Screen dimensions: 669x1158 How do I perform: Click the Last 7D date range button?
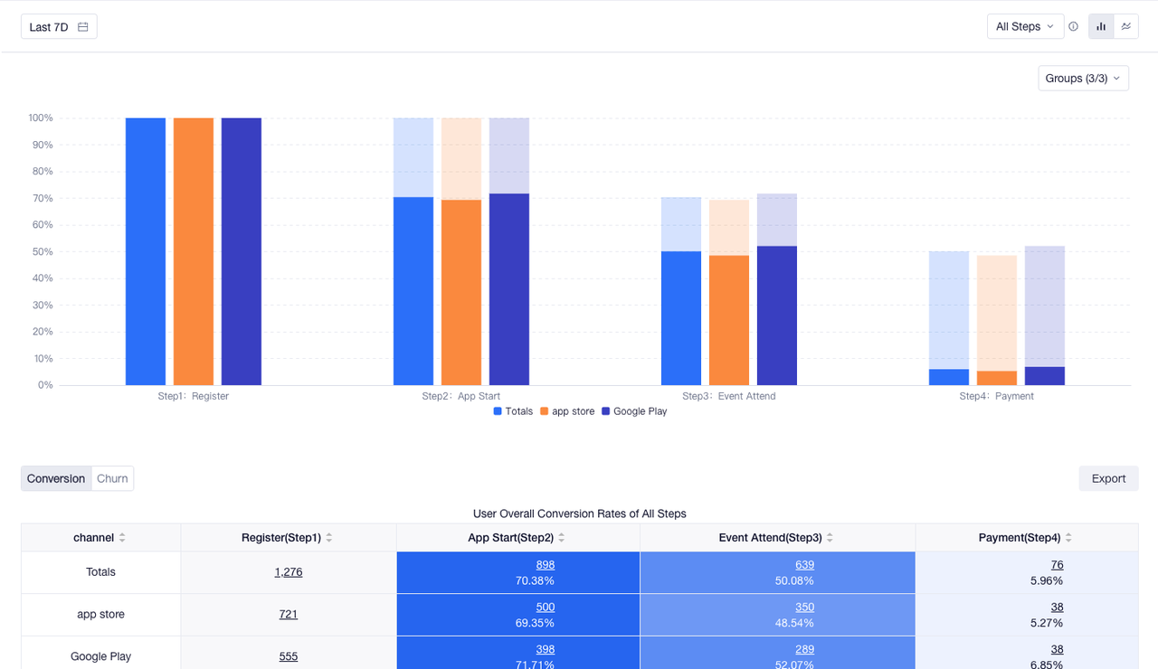click(x=59, y=27)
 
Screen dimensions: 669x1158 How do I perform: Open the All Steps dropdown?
click(x=1025, y=27)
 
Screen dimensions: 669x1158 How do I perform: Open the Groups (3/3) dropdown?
click(x=1083, y=79)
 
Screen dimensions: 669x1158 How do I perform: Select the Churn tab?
click(x=112, y=478)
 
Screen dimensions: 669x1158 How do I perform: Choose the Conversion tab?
click(x=56, y=478)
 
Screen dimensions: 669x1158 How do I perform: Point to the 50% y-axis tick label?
click(x=41, y=251)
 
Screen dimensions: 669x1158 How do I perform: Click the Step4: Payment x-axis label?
click(x=996, y=396)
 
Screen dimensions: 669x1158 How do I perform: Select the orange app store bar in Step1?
click(x=194, y=251)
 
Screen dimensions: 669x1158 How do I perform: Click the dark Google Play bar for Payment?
click(x=1044, y=375)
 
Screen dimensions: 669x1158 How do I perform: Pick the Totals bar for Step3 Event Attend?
click(x=681, y=318)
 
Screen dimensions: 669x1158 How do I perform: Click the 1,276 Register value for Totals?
click(x=289, y=572)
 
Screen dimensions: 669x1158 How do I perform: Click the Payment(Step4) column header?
click(x=1020, y=538)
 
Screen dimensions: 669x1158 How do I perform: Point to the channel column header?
click(x=94, y=538)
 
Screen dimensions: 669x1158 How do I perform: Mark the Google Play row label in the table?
click(x=100, y=656)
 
